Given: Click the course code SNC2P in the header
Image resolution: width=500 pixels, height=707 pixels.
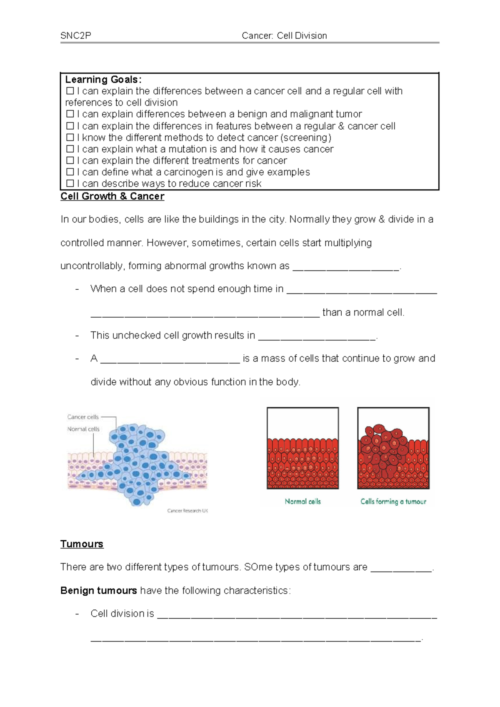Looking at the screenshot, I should tap(75, 36).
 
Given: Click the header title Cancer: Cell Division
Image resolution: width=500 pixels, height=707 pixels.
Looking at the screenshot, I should tap(284, 36).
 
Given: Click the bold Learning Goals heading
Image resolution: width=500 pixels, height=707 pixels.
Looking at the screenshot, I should tap(103, 80).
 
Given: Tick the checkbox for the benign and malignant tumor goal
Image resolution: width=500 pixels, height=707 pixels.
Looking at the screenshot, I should tap(70, 114).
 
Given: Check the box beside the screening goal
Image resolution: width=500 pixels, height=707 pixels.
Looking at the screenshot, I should tap(70, 138).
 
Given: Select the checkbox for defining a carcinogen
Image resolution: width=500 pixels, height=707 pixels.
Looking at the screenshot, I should tap(70, 172).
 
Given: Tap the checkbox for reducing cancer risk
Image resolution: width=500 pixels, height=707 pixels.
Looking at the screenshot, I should tap(70, 183).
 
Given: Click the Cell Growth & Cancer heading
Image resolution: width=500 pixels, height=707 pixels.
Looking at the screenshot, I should tap(112, 196).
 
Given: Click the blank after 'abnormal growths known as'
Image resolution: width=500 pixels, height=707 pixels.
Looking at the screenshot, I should tap(346, 268).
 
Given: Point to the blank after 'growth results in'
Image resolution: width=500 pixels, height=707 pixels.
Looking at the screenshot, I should tap(317, 337).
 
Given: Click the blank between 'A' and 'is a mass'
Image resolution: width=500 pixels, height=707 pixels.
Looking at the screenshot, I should tap(170, 360).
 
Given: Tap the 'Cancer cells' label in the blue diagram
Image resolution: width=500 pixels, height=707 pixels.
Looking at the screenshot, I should tap(83, 417).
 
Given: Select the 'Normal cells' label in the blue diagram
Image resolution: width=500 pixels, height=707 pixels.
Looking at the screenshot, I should tap(83, 429).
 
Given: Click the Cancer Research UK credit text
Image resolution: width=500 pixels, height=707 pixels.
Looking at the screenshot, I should tap(187, 511).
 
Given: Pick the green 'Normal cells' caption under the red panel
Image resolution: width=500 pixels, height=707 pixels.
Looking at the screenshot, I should tap(302, 501).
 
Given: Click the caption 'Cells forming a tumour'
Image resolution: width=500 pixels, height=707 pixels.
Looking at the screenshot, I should tap(393, 501).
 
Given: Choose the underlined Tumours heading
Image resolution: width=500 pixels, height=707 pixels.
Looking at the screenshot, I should tap(82, 544).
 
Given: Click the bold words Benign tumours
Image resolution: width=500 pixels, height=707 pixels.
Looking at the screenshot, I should tap(98, 591).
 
